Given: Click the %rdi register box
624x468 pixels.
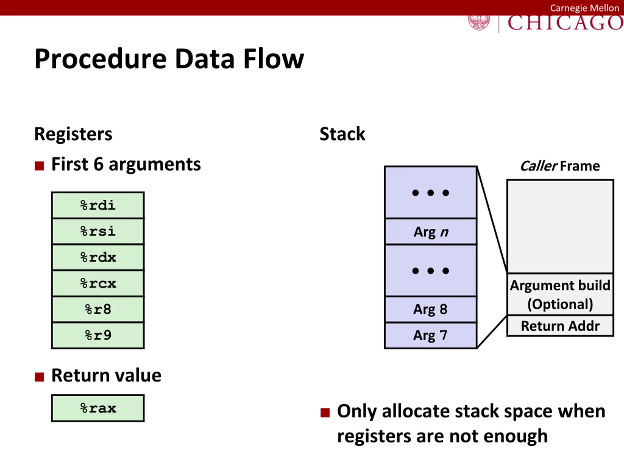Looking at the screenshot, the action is [x=98, y=205].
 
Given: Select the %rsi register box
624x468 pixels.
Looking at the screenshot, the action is [x=98, y=231].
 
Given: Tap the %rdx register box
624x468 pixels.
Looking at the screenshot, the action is [x=98, y=257].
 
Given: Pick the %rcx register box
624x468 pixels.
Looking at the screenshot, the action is [x=98, y=283].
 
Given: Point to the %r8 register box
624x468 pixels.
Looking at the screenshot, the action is [x=98, y=309].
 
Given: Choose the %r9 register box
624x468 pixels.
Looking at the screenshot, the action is [x=98, y=335].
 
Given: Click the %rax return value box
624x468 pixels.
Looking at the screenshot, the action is [x=98, y=408].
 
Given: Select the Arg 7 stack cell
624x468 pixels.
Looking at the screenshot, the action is [x=430, y=335].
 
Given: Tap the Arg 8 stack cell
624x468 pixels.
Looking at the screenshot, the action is [x=430, y=309].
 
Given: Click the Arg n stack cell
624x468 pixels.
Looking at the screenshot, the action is [x=430, y=232].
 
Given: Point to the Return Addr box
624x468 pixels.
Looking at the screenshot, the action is [x=560, y=326].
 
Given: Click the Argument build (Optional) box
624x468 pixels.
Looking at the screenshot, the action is [x=560, y=294].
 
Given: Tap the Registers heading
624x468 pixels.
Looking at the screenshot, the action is [x=73, y=134].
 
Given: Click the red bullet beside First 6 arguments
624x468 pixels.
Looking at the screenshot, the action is [x=39, y=166].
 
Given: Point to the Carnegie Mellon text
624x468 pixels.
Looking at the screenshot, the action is [x=585, y=8].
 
